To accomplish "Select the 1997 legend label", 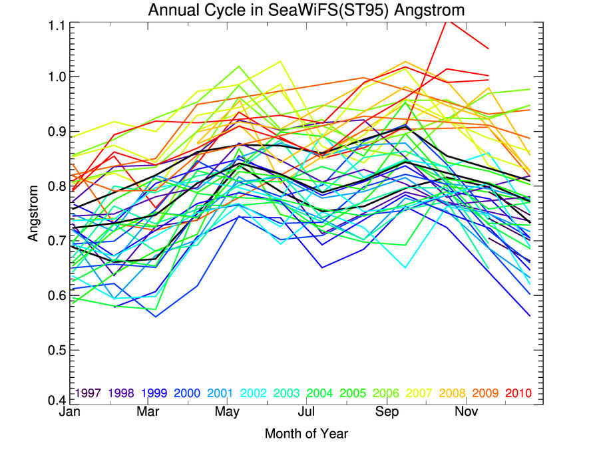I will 89,393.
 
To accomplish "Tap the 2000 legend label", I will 187,393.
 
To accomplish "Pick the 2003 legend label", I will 286,393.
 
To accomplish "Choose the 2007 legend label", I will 417,393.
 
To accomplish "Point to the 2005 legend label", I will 351,393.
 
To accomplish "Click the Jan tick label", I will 70,413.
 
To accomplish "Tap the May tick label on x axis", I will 228,413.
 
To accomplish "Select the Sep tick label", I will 387,413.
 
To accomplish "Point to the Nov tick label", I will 467,413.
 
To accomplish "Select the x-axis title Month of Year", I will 306,434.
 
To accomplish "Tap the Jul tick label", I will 307,413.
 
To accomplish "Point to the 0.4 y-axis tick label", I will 56,400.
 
